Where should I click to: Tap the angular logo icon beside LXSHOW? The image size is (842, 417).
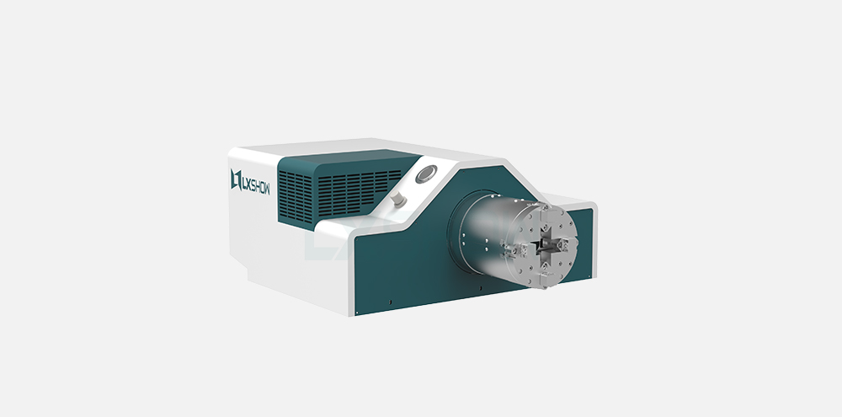[x=235, y=179]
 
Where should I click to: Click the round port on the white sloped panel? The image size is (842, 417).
[x=426, y=174]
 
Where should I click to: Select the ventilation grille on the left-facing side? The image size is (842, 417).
[x=296, y=197]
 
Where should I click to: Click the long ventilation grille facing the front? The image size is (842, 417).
[x=359, y=192]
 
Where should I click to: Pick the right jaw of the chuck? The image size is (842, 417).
[x=564, y=244]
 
